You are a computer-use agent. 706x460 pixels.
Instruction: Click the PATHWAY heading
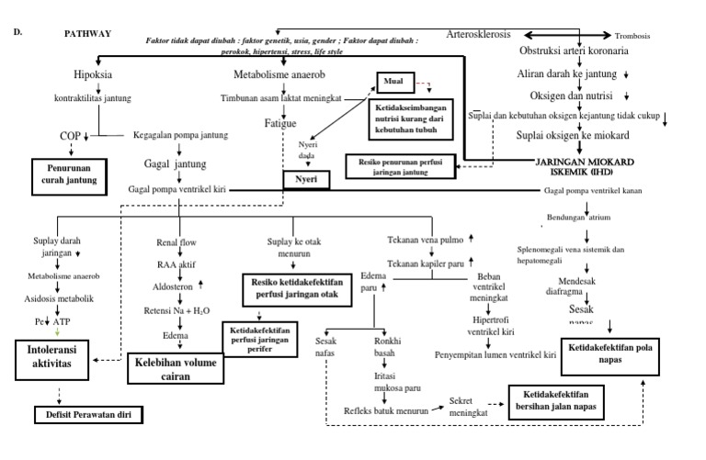tap(87, 33)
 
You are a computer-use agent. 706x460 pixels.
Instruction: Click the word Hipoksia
tap(91, 74)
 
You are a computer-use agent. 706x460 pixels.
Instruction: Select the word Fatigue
tap(280, 121)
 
